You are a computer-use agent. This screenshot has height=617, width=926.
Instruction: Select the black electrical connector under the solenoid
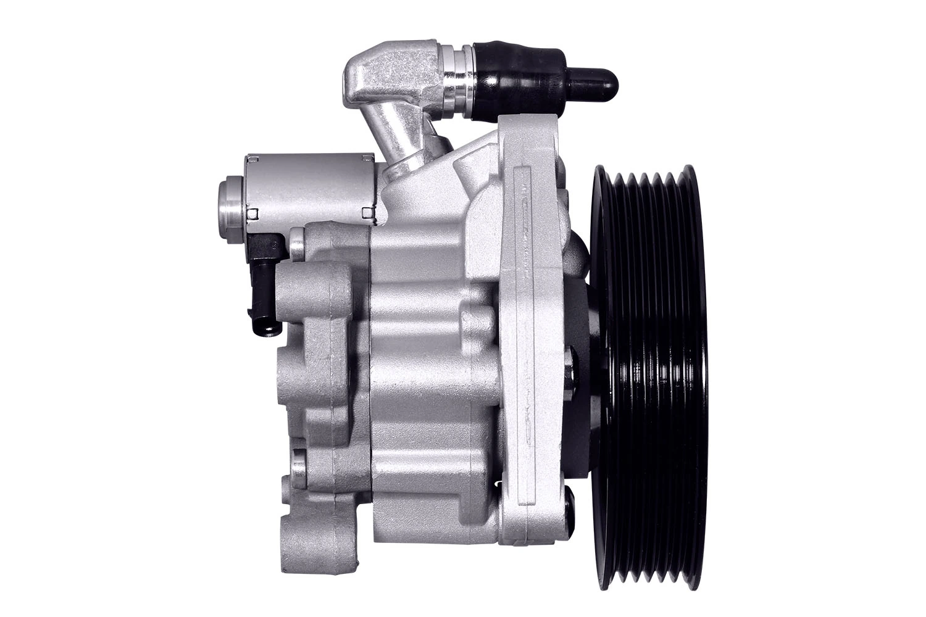click(x=267, y=271)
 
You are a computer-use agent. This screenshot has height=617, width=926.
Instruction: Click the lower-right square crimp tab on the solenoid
click(x=369, y=213)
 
